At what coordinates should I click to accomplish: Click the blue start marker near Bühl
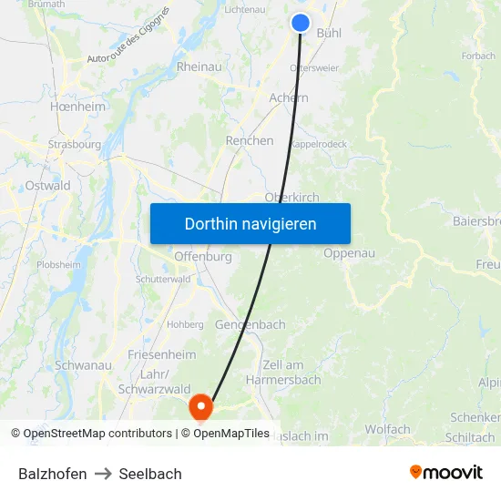(301, 23)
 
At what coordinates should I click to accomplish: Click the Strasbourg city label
(75, 144)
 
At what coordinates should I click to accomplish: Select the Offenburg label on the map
(202, 257)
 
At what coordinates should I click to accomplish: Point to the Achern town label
(289, 97)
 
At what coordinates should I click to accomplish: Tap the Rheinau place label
(199, 66)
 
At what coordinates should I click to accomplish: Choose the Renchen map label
(250, 140)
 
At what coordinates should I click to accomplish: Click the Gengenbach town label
(250, 324)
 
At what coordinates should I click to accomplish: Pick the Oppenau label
(349, 253)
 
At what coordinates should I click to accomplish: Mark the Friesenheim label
(162, 354)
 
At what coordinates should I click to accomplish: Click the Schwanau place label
(83, 365)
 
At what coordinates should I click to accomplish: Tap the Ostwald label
(48, 186)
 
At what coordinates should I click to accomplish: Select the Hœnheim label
(77, 106)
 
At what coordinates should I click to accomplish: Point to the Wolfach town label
(387, 429)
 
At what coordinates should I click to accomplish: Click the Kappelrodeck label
(318, 144)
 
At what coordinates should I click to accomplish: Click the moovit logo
(445, 472)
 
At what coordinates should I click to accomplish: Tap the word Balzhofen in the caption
(53, 474)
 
